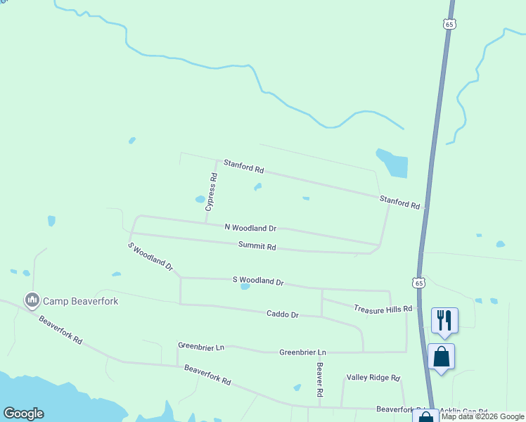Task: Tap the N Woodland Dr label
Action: (x=250, y=228)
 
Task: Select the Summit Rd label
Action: (x=257, y=246)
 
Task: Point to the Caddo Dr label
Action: (x=283, y=314)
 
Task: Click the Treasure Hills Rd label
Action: (x=383, y=309)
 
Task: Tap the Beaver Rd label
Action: (x=319, y=378)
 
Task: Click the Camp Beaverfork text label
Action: (x=81, y=301)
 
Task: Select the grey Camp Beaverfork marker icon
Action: (x=32, y=300)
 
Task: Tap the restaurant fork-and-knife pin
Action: (x=444, y=320)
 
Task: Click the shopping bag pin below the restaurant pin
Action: (x=441, y=356)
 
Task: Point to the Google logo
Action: (x=23, y=414)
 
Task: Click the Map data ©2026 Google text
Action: (x=483, y=416)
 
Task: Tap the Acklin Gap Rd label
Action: (x=464, y=410)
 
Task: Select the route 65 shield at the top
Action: (x=450, y=24)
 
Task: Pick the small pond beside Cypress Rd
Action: (x=200, y=199)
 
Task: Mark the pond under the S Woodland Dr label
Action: (x=245, y=286)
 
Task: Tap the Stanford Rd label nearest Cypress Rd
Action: (x=243, y=167)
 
